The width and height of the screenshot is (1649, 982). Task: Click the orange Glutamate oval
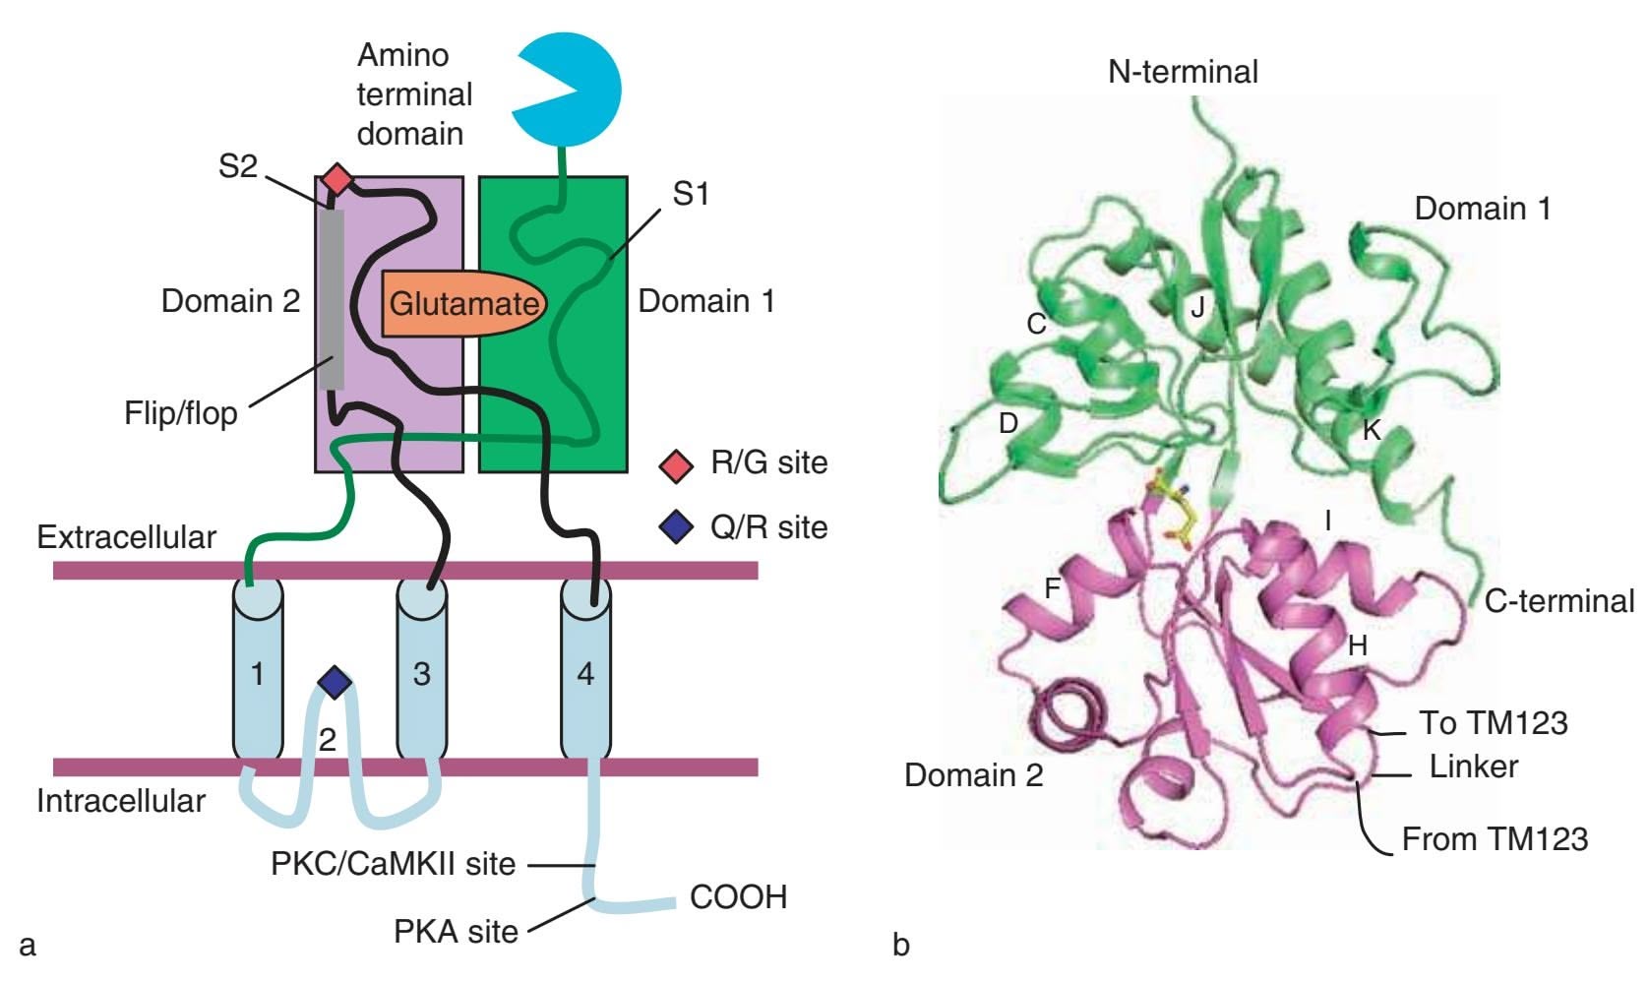click(x=462, y=303)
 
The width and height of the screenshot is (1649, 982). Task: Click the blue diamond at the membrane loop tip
click(x=336, y=681)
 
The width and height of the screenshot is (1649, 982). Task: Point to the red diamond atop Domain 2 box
click(x=337, y=179)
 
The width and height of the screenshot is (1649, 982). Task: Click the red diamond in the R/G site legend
click(x=676, y=464)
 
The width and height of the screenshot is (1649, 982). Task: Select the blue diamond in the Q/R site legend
click(x=676, y=527)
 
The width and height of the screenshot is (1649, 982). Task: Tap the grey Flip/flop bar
click(x=332, y=295)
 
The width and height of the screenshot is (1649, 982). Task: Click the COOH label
click(x=738, y=897)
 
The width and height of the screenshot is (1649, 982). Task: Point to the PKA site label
click(x=456, y=931)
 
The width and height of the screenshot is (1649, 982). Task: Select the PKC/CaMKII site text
click(x=393, y=864)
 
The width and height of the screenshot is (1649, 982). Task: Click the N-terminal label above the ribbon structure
click(x=1183, y=71)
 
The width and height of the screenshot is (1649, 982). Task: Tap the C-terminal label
click(x=1558, y=600)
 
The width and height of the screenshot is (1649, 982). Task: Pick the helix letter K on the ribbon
click(x=1371, y=429)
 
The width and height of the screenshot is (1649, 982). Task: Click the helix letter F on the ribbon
click(x=1052, y=588)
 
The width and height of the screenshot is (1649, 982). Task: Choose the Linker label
click(x=1473, y=767)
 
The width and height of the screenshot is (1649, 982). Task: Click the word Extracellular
click(x=126, y=537)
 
